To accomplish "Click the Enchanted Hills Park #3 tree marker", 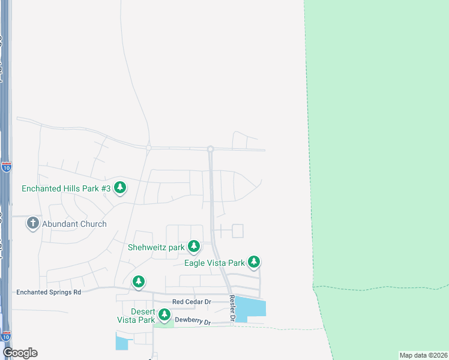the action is pos(120,187).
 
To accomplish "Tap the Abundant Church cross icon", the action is pos(32,224).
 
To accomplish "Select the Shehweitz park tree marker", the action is pos(193,246).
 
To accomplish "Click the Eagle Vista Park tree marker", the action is pos(254,262).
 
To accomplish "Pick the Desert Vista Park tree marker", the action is pos(164,314).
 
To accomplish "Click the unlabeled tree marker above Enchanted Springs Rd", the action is pos(139,281).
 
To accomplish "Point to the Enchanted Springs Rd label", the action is pos(49,292).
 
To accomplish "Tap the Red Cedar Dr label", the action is pos(191,302).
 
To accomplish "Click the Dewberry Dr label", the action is pos(193,322).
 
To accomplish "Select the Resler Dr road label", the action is pos(232,307).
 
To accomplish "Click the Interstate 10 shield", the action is pos(6,166).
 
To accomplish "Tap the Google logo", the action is pos(20,353).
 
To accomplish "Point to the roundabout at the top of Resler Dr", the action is pos(211,149).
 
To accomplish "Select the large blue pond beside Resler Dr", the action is pos(250,308).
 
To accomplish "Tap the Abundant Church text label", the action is pos(74,224).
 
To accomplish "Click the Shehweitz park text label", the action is pos(156,247).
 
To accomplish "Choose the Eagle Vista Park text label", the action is pos(214,263).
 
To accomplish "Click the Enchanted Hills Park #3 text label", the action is pos(66,188).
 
